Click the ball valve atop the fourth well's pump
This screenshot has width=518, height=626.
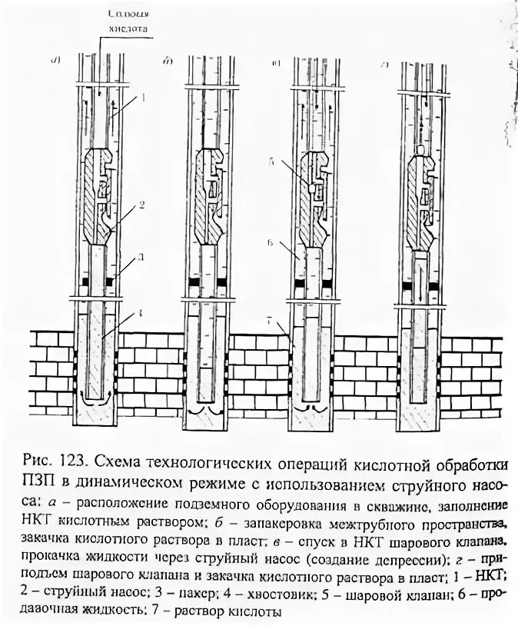tap(420, 149)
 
